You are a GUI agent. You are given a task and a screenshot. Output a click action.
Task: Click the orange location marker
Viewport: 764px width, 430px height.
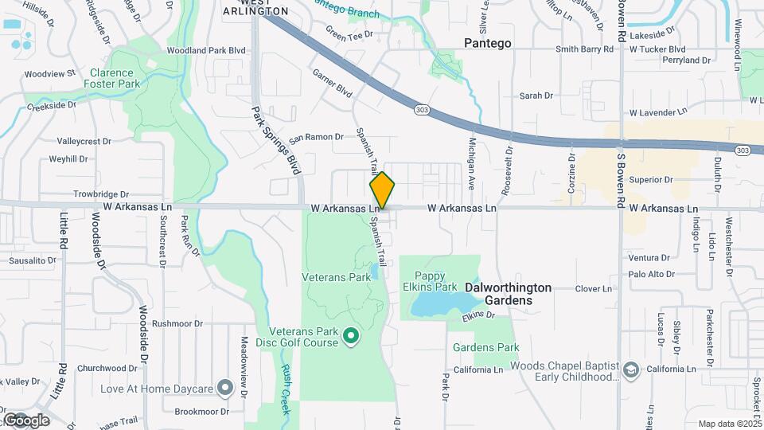point(382,190)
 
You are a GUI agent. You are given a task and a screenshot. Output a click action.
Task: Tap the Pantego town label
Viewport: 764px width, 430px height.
point(488,43)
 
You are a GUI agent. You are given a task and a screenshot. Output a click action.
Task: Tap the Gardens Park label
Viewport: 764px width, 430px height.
point(485,347)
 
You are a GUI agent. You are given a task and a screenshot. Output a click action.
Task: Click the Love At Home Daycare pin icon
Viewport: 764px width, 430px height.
point(225,389)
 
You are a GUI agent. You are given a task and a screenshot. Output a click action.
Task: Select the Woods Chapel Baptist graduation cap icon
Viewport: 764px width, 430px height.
point(631,371)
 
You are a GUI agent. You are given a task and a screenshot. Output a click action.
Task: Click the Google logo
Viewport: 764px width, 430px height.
point(26,420)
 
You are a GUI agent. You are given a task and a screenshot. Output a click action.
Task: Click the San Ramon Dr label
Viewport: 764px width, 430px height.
point(315,137)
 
